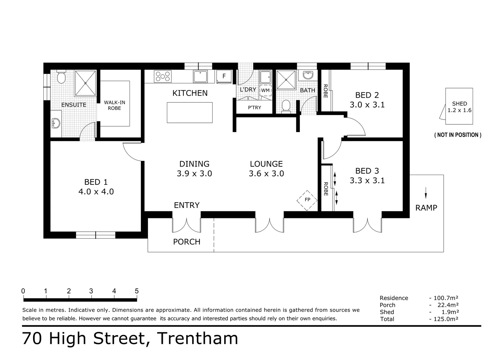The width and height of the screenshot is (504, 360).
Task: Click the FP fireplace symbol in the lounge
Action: (307, 200)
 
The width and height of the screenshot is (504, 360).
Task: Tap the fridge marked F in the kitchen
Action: (224, 76)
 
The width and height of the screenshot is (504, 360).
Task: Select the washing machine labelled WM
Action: (265, 90)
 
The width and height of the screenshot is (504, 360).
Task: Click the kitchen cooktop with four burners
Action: (163, 76)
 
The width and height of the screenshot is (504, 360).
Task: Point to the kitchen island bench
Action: (190, 112)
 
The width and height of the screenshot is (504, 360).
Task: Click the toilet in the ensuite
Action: (61, 77)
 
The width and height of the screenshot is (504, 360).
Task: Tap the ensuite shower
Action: (85, 83)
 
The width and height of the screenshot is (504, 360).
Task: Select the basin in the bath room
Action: (307, 75)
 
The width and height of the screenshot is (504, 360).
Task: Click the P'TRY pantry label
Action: (254, 108)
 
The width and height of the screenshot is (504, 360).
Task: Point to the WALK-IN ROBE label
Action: (114, 105)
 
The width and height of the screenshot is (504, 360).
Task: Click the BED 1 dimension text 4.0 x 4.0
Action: (96, 192)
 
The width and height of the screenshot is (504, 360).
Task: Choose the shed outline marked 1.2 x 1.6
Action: (459, 106)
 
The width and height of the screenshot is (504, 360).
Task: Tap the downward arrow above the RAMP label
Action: (426, 193)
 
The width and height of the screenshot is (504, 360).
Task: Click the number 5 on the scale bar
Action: (137, 291)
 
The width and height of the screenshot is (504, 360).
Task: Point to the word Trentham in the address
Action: (197, 339)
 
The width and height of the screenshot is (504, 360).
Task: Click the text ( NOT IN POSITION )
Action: (458, 135)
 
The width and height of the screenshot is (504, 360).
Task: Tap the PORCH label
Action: (187, 242)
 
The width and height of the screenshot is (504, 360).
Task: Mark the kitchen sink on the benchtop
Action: (201, 76)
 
